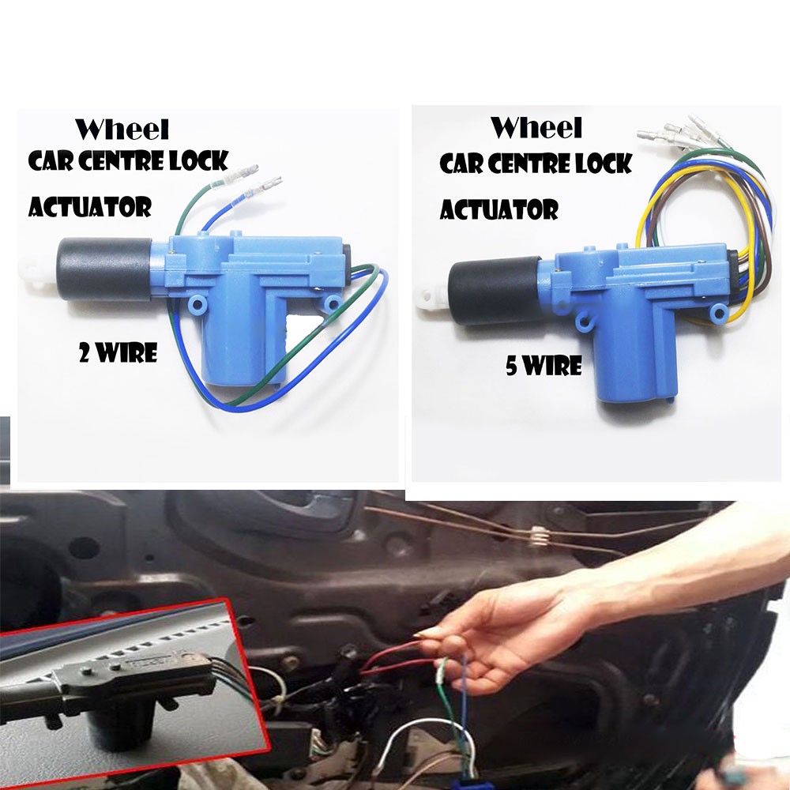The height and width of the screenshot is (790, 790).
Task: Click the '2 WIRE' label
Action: click(118, 353)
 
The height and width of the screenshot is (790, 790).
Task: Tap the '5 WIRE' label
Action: click(544, 366)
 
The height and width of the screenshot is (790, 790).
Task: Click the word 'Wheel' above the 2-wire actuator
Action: click(122, 129)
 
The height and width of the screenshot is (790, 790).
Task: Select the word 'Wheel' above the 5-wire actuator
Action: click(536, 127)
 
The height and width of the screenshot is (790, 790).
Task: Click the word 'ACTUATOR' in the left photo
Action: click(90, 207)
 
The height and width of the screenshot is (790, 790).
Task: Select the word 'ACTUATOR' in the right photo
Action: click(499, 209)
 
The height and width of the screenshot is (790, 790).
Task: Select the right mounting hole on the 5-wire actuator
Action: click(717, 314)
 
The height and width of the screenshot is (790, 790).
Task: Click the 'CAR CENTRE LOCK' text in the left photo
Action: click(128, 162)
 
